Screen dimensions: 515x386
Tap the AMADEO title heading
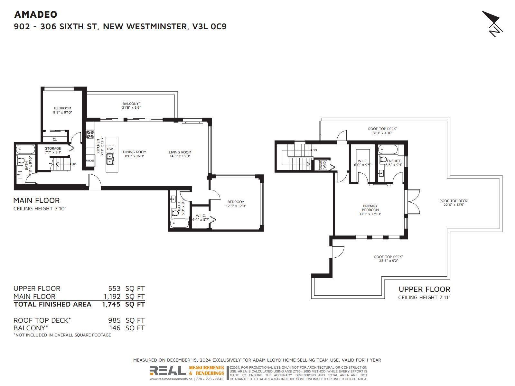[x=36, y=14]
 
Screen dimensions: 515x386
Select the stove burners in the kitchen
[x=90, y=134]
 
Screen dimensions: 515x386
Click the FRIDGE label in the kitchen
[x=90, y=161]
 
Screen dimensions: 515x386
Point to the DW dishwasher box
[x=110, y=149]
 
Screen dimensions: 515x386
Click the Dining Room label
[x=135, y=152]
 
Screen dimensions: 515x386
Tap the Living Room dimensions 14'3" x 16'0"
[x=180, y=156]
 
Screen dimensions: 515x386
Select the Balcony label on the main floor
[x=131, y=104]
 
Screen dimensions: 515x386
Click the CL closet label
[x=55, y=140]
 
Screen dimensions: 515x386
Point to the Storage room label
[x=53, y=148]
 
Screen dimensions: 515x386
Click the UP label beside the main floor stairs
[x=74, y=164]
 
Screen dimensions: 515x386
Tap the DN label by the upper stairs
[x=314, y=150]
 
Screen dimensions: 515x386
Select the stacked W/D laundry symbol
[x=323, y=165]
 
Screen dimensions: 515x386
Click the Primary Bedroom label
[x=370, y=208]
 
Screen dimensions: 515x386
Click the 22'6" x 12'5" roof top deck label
[x=454, y=205]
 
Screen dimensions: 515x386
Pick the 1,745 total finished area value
[x=111, y=304]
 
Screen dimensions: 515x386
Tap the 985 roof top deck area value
[x=114, y=320]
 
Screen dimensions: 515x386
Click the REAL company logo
[x=167, y=371]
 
